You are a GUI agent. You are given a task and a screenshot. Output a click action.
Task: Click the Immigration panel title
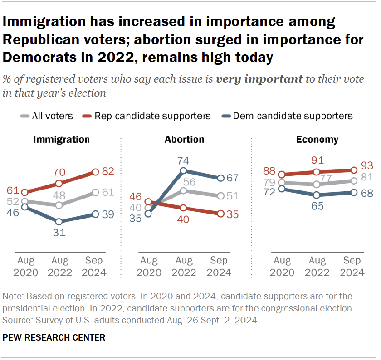click(61, 139)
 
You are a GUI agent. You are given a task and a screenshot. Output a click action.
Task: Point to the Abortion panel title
click(184, 139)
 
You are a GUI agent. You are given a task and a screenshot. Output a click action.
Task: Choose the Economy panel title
click(317, 139)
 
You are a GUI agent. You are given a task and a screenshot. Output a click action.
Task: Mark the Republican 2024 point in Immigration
click(96, 172)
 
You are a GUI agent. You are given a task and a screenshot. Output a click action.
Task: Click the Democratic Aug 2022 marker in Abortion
click(183, 171)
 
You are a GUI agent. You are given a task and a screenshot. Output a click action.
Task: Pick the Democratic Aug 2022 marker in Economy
click(317, 195)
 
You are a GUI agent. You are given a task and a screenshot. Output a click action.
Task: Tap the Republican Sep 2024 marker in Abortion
click(220, 214)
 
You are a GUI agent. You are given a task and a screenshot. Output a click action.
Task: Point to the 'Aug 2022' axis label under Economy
click(317, 267)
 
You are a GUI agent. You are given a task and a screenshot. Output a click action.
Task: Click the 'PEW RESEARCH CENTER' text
click(54, 337)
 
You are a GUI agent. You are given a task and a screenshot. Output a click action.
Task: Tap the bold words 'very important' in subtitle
click(259, 79)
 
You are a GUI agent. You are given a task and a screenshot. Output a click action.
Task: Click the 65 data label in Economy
click(317, 207)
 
